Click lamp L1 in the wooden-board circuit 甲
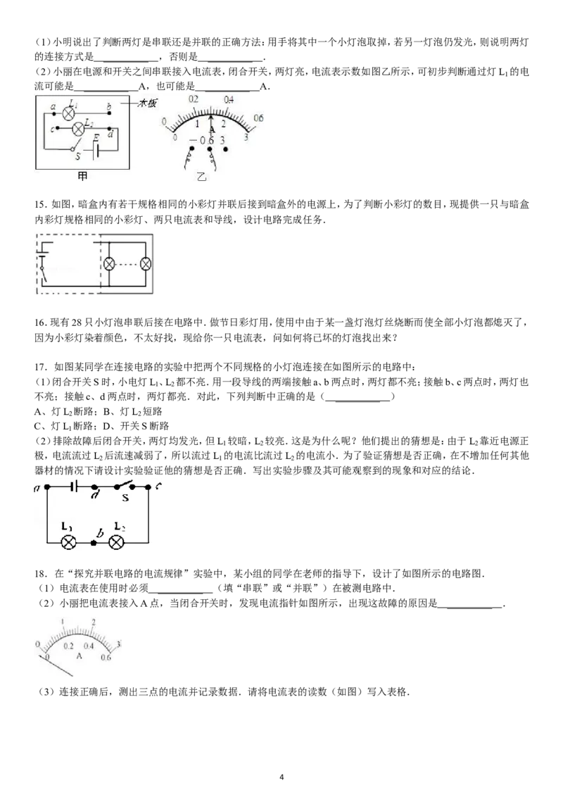coord(68,113)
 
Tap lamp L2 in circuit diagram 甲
coord(77,129)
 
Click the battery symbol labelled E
coord(96,149)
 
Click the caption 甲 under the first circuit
coord(82,176)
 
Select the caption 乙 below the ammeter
coord(202,177)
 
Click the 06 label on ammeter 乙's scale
coord(258,118)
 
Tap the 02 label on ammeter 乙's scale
coord(193,99)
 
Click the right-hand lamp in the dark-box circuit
coord(146,264)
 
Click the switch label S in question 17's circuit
coord(125,498)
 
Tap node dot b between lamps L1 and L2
coord(94,543)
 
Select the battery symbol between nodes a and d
coord(74,487)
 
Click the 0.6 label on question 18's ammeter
coord(105,657)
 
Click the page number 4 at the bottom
coord(281,777)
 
